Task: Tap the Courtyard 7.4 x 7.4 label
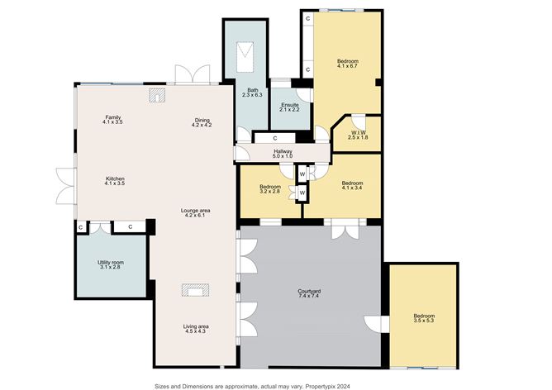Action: coord(309,293)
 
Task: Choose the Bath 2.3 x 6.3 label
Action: coord(252,93)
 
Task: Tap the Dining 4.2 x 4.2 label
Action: coord(202,122)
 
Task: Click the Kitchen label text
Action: coord(115,178)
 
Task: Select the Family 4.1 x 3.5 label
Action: coord(113,120)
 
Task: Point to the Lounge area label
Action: coord(195,211)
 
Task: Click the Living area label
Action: coord(196,326)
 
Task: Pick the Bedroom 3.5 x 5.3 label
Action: coord(424,318)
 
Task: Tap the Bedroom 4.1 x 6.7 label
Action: coord(347,64)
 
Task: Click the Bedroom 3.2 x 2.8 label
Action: coord(270,189)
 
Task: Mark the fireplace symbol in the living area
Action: coord(195,291)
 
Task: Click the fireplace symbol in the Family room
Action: coord(157,95)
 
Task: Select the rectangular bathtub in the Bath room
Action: coord(245,57)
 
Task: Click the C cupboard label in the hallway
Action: coord(275,138)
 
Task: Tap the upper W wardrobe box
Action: coord(302,174)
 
